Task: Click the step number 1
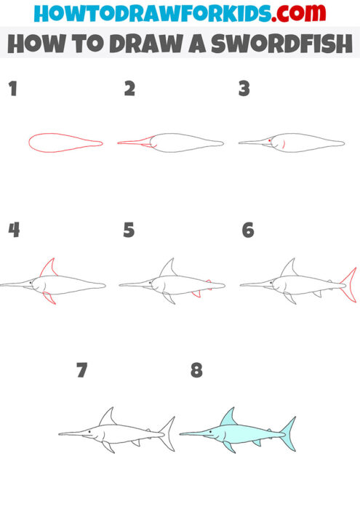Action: pyautogui.click(x=12, y=89)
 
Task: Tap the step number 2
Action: pyautogui.click(x=129, y=89)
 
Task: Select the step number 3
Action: pyautogui.click(x=244, y=89)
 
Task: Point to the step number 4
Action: pyautogui.click(x=14, y=231)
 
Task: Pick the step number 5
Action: pyautogui.click(x=129, y=231)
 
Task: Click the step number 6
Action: pyautogui.click(x=247, y=231)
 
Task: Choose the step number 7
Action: pyautogui.click(x=81, y=371)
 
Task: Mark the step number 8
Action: pyautogui.click(x=196, y=371)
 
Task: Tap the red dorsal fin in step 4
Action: pyautogui.click(x=49, y=268)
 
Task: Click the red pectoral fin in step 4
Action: pyautogui.click(x=49, y=297)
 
